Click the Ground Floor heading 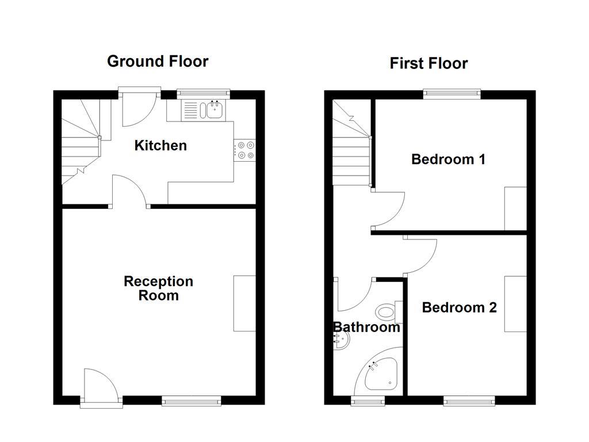tap(158, 61)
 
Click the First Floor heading tap(429, 63)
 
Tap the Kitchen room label tap(160, 146)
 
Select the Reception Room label tap(159, 288)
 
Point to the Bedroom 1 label tap(448, 159)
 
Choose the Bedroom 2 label tap(459, 307)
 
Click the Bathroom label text tap(366, 327)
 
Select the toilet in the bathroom tap(387, 313)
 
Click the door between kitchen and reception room tap(130, 192)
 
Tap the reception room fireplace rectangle tap(244, 303)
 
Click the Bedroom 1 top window tap(452, 92)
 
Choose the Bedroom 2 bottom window tap(469, 401)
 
